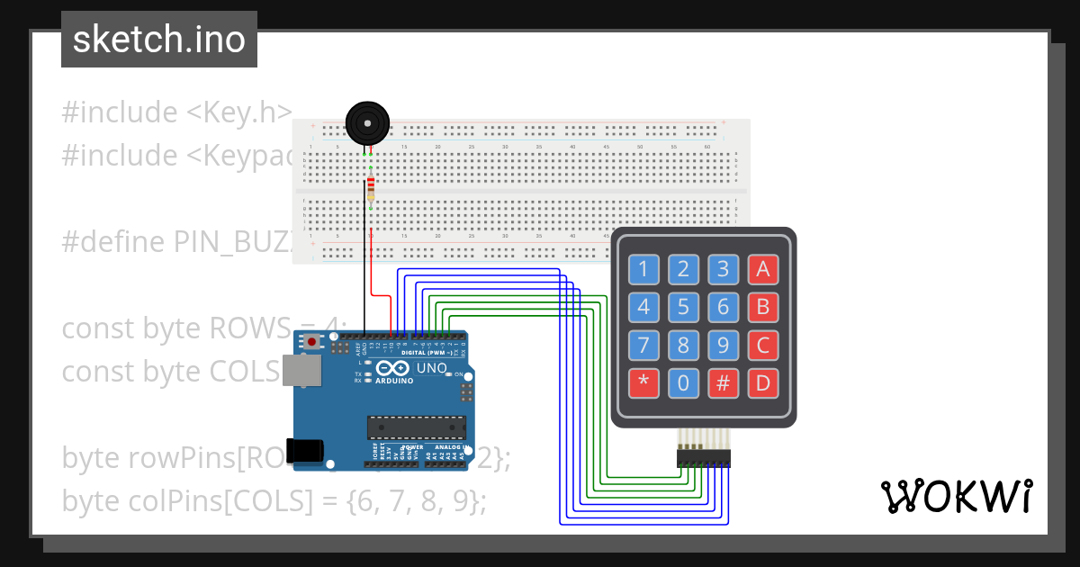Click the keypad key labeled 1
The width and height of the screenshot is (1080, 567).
tap(643, 268)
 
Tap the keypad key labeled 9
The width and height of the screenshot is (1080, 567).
tap(723, 346)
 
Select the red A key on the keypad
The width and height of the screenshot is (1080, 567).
tap(762, 268)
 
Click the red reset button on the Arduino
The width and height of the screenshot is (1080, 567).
tap(312, 342)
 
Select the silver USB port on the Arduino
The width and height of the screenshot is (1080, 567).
tap(301, 370)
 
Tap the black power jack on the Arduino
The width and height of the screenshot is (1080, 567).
tap(304, 450)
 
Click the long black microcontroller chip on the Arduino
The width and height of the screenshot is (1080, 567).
tap(416, 427)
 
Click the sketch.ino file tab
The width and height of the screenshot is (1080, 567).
tap(159, 40)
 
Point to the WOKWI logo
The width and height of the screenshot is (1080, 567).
tap(956, 496)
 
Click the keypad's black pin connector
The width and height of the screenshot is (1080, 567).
tap(703, 459)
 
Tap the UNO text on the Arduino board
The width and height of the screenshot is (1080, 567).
tap(431, 368)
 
